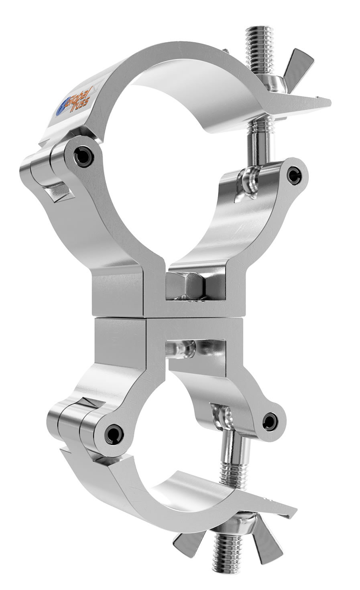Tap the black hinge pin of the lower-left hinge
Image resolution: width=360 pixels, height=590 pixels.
coord(112,432)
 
